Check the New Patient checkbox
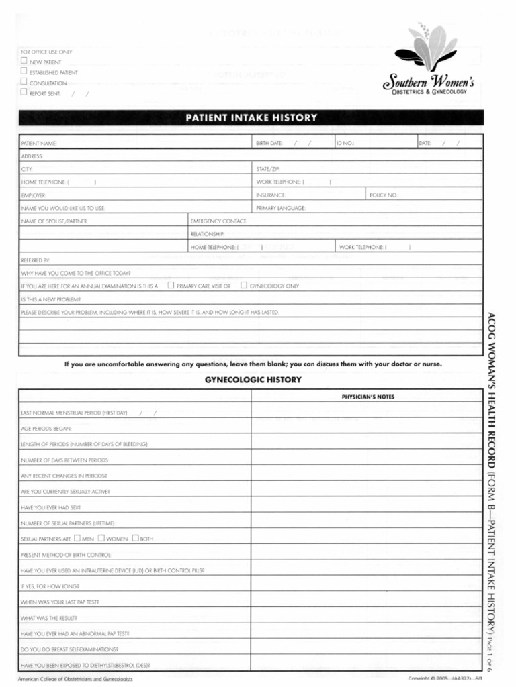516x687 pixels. [24, 61]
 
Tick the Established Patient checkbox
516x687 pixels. [24, 71]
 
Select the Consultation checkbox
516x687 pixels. [24, 82]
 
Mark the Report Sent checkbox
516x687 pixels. [24, 93]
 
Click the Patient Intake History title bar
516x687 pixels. [251, 118]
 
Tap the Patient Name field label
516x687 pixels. [39, 144]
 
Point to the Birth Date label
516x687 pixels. [269, 144]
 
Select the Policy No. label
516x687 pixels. [384, 195]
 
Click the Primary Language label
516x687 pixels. [281, 208]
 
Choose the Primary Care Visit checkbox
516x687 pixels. [171, 285]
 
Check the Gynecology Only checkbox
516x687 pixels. [243, 285]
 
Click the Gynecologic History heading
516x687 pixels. [253, 380]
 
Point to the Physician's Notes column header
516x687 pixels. [368, 397]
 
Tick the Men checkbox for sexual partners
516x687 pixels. [77, 538]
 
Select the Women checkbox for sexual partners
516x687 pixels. [101, 538]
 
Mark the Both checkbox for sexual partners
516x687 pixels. [135, 538]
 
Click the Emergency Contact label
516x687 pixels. [218, 221]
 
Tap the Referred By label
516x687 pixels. [36, 260]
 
